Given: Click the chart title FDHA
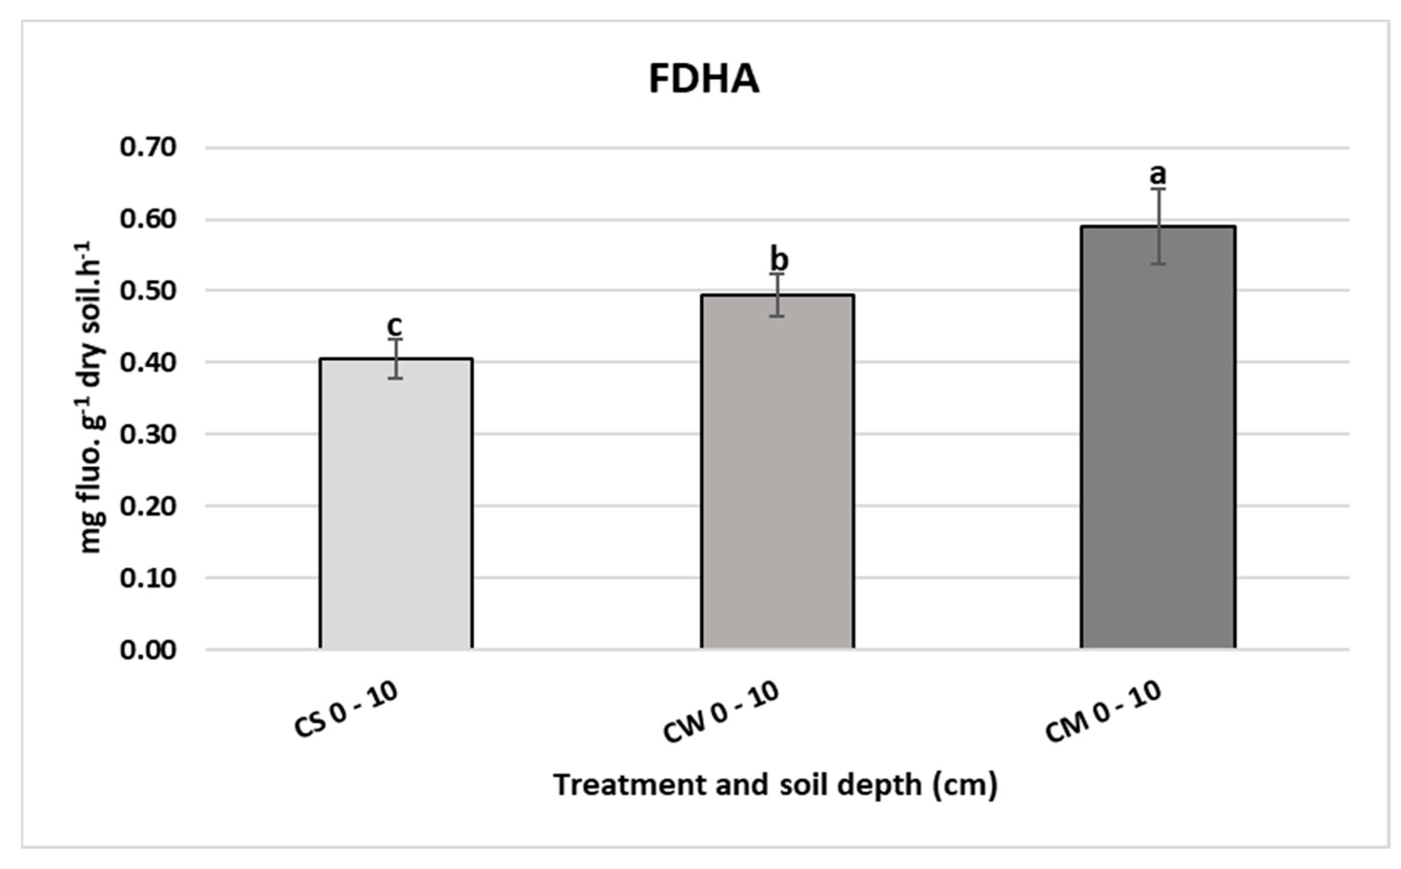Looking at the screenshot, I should [x=703, y=79].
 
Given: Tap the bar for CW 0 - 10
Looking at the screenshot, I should [x=777, y=471].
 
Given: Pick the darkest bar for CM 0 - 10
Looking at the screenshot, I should [x=1158, y=437].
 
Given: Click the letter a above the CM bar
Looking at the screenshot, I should [x=1158, y=172].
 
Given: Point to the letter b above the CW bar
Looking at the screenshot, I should [x=779, y=260].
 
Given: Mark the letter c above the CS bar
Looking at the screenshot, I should [x=395, y=326].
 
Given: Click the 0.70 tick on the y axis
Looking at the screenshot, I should [x=148, y=148].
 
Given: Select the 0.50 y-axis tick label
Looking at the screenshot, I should [x=148, y=291].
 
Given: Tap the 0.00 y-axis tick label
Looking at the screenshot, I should [x=148, y=650].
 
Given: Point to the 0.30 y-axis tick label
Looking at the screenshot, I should [x=148, y=434].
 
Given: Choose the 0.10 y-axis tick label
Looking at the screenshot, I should [x=148, y=578].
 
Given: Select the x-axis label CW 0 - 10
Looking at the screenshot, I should [x=721, y=713].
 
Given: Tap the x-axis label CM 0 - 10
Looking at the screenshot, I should [x=1102, y=713].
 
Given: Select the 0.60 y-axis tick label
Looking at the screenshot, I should [x=148, y=220].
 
